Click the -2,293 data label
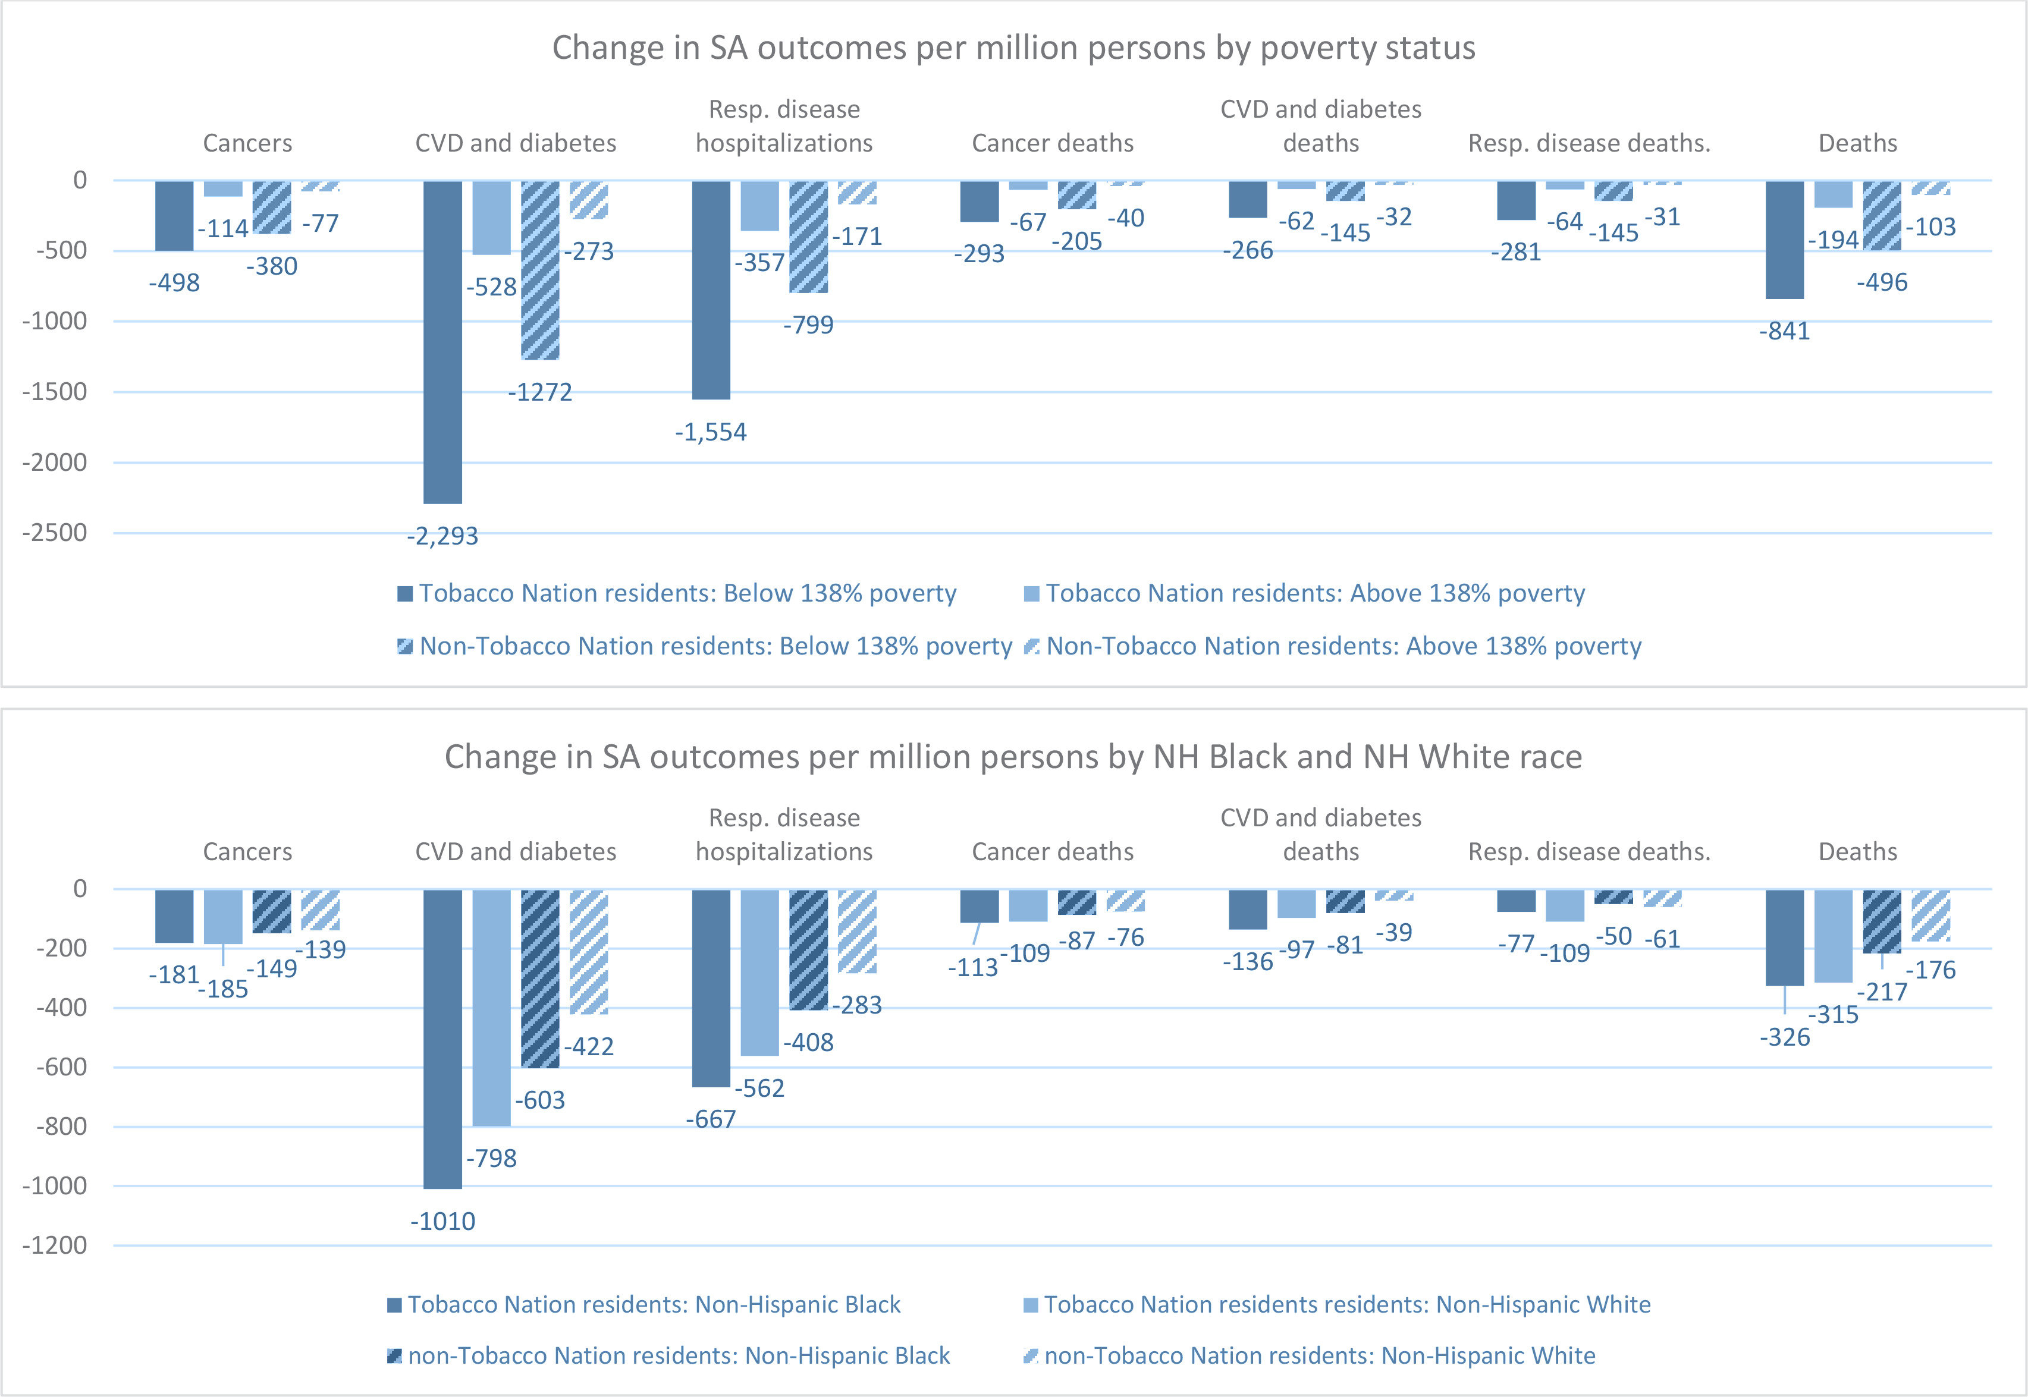pos(442,536)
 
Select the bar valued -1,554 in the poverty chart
pos(711,290)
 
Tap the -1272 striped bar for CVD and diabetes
pos(540,270)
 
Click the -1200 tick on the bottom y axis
pos(55,1245)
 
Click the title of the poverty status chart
pos(1013,48)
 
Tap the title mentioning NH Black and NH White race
pos(1013,756)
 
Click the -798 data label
pos(491,1158)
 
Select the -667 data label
pos(711,1119)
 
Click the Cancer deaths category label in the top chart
pos(1053,143)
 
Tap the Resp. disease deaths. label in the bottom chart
pos(1589,852)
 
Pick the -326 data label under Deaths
pos(1785,1037)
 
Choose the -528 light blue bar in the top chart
pos(491,218)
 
